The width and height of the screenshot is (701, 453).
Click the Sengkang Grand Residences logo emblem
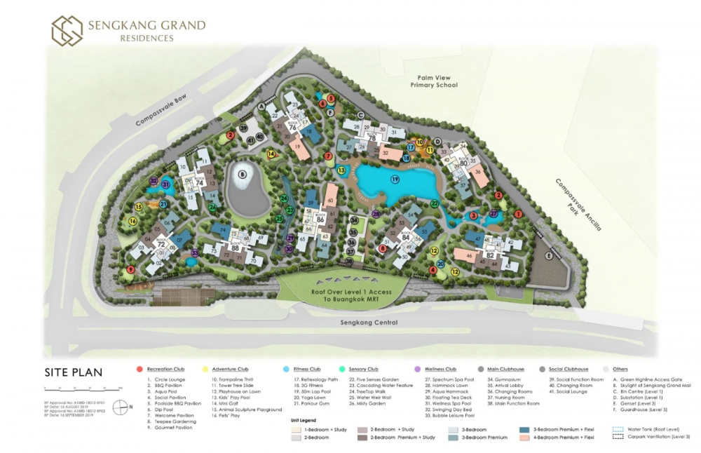67,30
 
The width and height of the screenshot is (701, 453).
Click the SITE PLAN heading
74,372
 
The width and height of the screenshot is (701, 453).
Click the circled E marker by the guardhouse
549,256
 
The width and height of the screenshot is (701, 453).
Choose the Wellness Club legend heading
439,369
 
